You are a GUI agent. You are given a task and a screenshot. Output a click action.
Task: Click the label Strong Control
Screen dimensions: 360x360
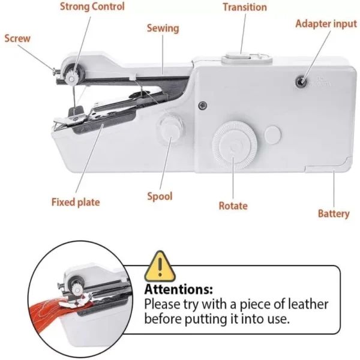tap(92, 7)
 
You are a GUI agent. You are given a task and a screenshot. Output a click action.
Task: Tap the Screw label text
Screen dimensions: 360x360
tap(17, 38)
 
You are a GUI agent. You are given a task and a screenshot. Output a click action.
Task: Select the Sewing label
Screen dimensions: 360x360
tap(163, 28)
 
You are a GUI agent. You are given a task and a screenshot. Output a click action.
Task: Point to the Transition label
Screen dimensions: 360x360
tap(244, 7)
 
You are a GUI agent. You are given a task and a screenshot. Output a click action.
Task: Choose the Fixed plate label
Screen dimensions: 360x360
tap(76, 202)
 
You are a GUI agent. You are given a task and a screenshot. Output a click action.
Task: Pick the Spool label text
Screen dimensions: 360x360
tap(160, 196)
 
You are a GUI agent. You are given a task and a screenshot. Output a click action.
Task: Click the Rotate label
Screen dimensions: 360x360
tap(233, 205)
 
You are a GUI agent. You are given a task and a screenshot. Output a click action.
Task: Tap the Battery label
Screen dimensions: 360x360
tap(334, 214)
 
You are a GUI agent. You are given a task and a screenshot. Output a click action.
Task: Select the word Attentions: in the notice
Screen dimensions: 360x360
tap(179, 289)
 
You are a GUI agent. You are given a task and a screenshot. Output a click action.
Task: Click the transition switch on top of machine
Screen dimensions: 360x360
tap(235, 58)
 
